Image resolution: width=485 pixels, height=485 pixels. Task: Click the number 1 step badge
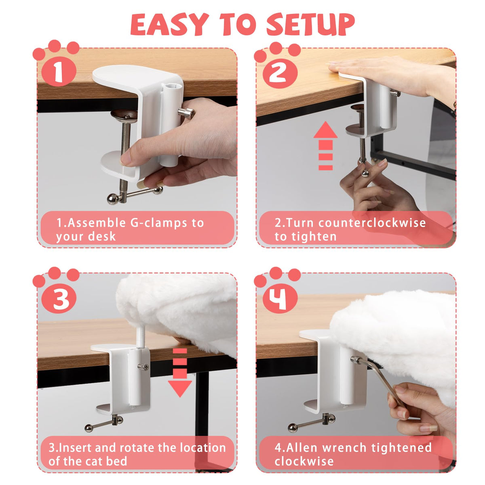click(59, 72)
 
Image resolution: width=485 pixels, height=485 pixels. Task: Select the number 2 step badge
click(280, 73)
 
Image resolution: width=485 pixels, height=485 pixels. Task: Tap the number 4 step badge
click(280, 298)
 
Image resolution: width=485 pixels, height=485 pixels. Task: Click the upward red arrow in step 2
click(325, 146)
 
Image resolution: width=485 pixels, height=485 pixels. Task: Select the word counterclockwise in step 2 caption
click(372, 223)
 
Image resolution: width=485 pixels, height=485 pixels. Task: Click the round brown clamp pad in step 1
click(124, 116)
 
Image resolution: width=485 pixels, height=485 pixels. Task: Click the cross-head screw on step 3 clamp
click(143, 367)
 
